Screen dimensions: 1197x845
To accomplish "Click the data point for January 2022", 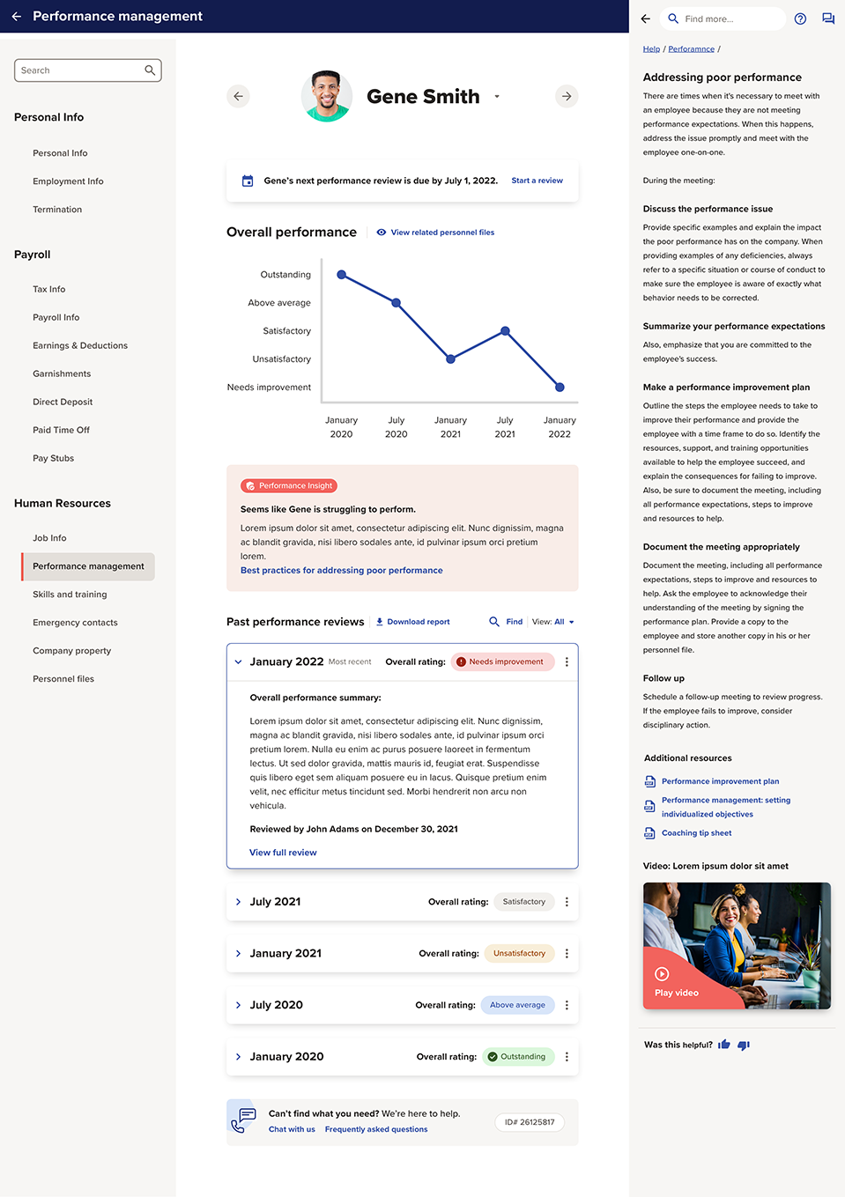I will [x=560, y=387].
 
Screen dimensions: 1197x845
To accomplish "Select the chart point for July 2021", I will [x=505, y=331].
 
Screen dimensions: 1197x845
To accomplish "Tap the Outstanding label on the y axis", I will [x=285, y=275].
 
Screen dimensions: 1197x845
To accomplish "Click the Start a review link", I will [x=537, y=181].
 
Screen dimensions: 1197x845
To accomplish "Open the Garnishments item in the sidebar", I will [x=62, y=373].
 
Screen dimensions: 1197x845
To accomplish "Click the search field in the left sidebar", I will [x=81, y=70].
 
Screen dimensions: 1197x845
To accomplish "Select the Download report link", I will [x=413, y=622].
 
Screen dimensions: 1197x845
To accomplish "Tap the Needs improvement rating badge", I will [x=503, y=661].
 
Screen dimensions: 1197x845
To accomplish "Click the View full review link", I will [x=283, y=853].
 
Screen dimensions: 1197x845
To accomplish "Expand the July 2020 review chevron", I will [x=238, y=1005].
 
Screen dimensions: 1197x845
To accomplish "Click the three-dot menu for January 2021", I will [x=567, y=953].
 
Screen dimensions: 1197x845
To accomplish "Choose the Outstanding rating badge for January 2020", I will [x=518, y=1057].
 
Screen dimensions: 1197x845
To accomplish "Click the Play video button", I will [x=676, y=983].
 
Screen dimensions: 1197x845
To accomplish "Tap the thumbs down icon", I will [x=744, y=1046].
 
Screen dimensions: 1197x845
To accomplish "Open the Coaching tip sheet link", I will [x=696, y=833].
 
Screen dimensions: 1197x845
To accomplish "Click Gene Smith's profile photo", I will [x=327, y=96].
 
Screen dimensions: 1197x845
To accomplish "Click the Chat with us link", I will [x=292, y=1129].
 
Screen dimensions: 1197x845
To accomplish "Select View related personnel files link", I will [x=441, y=233].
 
